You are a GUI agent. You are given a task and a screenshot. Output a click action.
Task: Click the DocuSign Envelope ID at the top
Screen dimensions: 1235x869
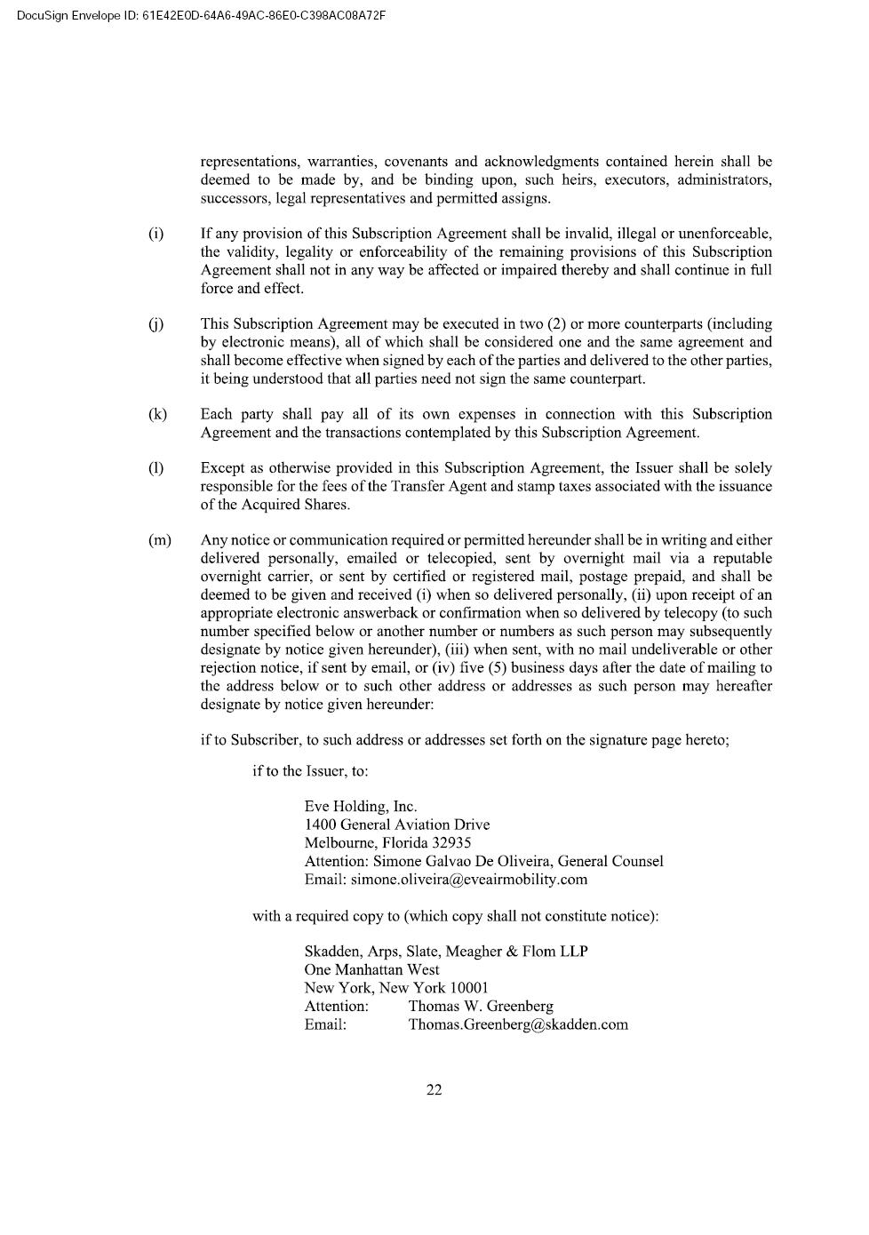[201, 15]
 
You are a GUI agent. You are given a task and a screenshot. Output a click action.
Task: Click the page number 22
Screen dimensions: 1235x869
[434, 1090]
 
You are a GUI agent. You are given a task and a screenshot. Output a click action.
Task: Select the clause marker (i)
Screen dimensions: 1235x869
[155, 234]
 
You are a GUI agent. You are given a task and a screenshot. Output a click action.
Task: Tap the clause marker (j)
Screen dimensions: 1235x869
[155, 324]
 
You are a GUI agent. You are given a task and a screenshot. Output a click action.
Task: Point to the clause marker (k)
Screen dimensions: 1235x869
[157, 414]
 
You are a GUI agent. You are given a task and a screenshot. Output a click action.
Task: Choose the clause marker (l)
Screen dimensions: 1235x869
[155, 468]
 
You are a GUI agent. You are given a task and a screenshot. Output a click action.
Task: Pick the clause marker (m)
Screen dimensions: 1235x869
[160, 540]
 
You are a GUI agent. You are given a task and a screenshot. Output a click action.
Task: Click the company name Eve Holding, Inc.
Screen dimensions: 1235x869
[360, 807]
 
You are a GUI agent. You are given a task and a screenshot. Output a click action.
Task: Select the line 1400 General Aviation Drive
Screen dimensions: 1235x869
[396, 825]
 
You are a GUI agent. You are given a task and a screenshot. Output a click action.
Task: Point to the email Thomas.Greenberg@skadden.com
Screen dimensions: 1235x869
[517, 1024]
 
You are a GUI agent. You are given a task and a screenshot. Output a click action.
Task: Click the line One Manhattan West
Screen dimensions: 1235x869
[371, 970]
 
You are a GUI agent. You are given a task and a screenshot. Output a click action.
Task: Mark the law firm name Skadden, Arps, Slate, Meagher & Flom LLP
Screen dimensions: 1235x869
[445, 952]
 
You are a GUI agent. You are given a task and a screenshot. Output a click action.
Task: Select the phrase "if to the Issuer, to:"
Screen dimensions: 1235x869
[310, 770]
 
